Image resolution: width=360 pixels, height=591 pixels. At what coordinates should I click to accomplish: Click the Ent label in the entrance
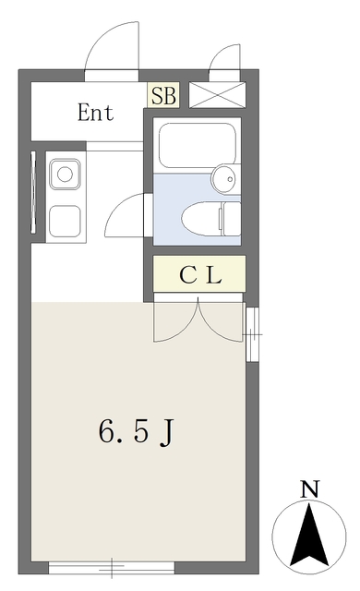tap(95, 113)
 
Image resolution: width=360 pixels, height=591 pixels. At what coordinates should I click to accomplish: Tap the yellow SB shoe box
tap(163, 95)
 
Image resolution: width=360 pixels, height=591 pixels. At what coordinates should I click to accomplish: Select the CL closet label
tap(199, 275)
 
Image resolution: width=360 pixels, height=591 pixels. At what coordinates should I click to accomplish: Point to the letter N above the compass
tap(310, 488)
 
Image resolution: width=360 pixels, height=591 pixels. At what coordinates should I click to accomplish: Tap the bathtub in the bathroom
tap(198, 145)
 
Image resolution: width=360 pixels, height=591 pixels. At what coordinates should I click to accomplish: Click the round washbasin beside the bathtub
tap(225, 178)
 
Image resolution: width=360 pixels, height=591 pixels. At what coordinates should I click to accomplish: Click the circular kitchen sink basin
tap(65, 175)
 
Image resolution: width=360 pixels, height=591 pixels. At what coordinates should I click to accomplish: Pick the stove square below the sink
tap(66, 220)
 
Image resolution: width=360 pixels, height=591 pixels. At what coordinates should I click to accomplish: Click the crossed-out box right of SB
tap(217, 95)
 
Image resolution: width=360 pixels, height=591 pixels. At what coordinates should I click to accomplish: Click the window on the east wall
tap(253, 334)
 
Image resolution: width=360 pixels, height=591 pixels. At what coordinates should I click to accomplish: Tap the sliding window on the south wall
tap(112, 568)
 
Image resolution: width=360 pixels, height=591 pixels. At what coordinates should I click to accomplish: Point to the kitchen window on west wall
tap(34, 191)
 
